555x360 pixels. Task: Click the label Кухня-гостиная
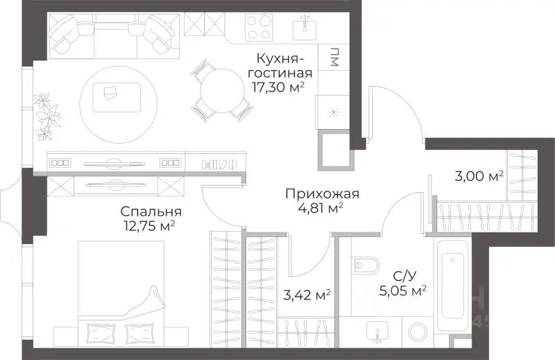[283, 65]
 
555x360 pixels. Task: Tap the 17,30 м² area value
[279, 87]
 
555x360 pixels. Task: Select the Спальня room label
[151, 212]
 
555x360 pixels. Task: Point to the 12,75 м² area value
[147, 225]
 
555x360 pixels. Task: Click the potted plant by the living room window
[47, 114]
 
